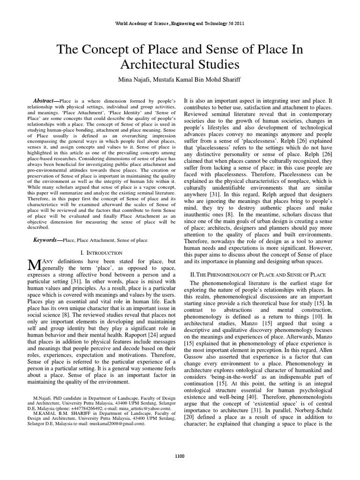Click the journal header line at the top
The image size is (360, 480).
click(x=180, y=23)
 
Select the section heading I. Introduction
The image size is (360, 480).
click(x=102, y=253)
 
